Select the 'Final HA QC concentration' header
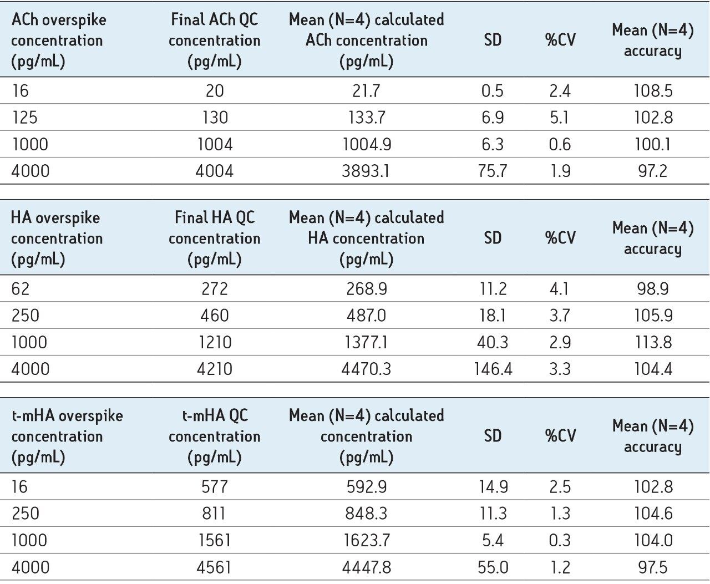(x=214, y=238)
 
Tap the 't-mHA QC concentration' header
(x=214, y=436)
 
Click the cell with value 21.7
(x=366, y=91)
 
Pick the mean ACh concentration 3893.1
(x=366, y=171)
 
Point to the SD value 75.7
(x=492, y=171)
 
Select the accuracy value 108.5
(x=653, y=91)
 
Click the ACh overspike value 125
(x=25, y=118)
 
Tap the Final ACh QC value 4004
(x=214, y=171)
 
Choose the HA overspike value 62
(x=21, y=289)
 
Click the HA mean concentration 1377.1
(x=366, y=342)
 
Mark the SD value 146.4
(x=492, y=369)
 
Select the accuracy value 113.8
(x=653, y=342)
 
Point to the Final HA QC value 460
(x=214, y=316)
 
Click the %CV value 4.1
(x=560, y=289)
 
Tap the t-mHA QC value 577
(x=214, y=487)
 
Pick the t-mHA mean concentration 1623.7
(x=366, y=540)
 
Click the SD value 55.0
(x=492, y=567)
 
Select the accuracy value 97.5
(x=653, y=567)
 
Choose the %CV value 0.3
(x=560, y=540)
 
